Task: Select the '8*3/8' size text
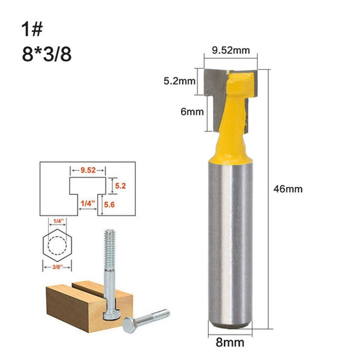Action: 46,54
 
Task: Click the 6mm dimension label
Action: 190,111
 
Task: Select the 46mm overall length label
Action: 288,189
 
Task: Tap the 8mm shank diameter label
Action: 229,343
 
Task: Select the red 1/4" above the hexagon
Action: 58,221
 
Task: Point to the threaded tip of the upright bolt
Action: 109,240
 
